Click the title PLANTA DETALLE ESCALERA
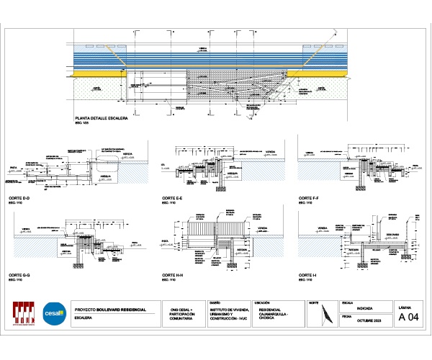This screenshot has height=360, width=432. pos(102,118)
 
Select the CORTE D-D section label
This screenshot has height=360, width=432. pos(19,197)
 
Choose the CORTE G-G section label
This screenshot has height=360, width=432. pos(19,276)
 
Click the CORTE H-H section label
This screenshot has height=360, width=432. pos(173,276)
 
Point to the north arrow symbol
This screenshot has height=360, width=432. pos(328,315)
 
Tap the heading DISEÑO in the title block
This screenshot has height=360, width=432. pos(214,302)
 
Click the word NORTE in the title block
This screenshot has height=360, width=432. pos(314,303)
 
